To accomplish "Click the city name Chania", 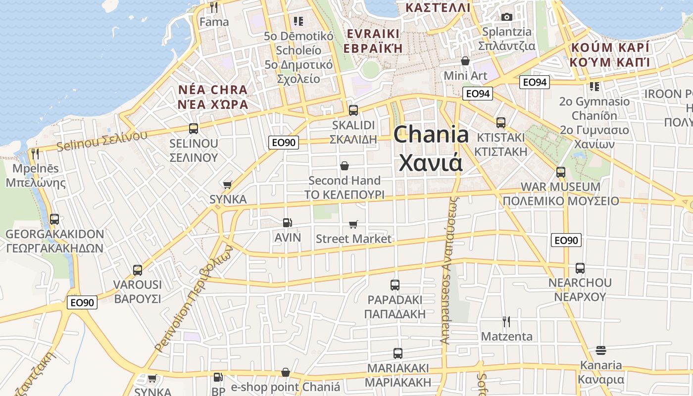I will click(431, 135).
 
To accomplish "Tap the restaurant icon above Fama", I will click(214, 7).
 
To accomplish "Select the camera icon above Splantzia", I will click(506, 17).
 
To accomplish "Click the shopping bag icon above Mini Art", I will click(465, 61).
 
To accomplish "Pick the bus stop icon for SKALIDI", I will click(353, 110).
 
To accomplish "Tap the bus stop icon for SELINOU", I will click(194, 129).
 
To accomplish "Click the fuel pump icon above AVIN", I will click(287, 223).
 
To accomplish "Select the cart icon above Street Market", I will click(353, 224).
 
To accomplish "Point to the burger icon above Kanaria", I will click(601, 350).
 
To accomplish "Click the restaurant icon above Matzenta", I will click(506, 322).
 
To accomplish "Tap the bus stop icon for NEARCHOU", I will click(580, 268).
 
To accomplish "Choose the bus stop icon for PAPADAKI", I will click(395, 285).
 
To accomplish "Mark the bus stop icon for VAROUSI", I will click(138, 270).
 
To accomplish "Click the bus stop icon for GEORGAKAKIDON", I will click(54, 219).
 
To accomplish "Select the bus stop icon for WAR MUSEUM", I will click(561, 172).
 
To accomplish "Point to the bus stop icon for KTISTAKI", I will click(501, 122).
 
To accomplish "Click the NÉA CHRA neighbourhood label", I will click(213, 97).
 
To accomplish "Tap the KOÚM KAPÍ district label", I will click(609, 54).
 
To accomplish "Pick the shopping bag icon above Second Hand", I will click(345, 166).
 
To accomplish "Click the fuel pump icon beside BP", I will click(218, 377).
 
